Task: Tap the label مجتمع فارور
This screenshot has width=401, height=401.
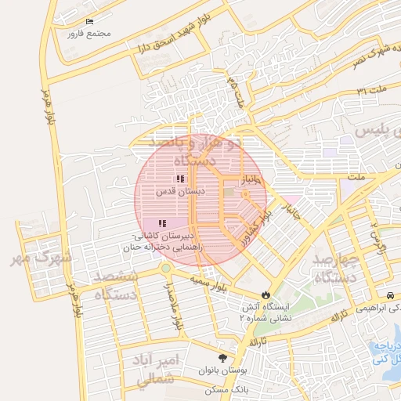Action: pyautogui.click(x=89, y=33)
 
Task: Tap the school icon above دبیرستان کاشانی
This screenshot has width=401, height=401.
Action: pyautogui.click(x=162, y=224)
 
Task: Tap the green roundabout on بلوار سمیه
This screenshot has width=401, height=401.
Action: pyautogui.click(x=165, y=269)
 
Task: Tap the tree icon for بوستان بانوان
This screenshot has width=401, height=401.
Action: pyautogui.click(x=232, y=356)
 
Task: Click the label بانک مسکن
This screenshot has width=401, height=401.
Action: pyautogui.click(x=226, y=389)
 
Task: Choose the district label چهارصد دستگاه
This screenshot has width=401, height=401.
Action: pyautogui.click(x=335, y=268)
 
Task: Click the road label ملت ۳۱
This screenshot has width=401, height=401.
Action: pyautogui.click(x=371, y=91)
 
